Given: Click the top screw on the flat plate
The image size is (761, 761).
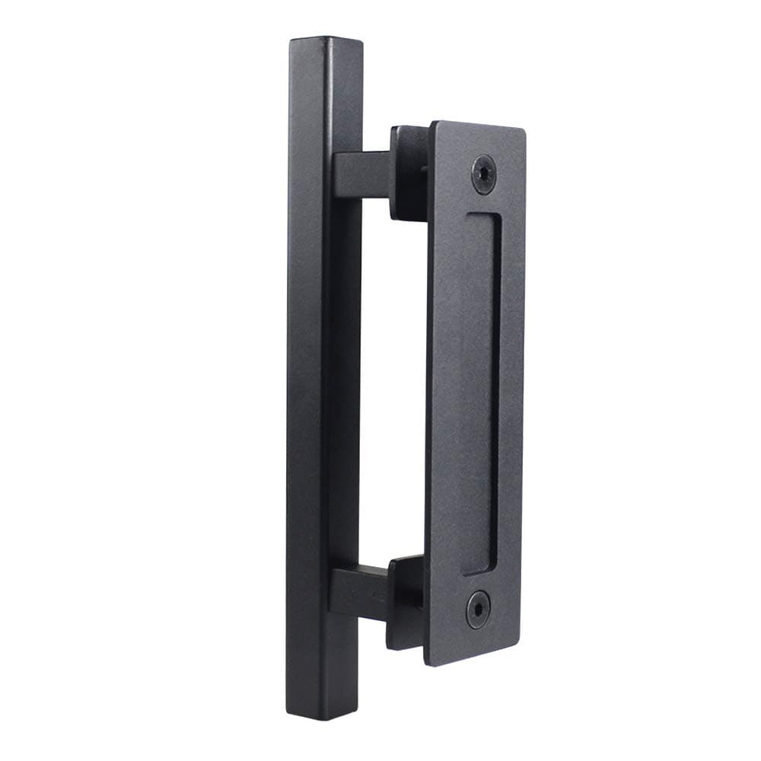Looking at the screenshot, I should click(x=483, y=174).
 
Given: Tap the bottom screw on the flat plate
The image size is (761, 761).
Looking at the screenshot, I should click(x=478, y=609).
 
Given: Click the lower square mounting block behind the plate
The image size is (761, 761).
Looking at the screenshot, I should click(x=404, y=601).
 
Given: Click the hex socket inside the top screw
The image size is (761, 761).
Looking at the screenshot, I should click(x=483, y=174).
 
